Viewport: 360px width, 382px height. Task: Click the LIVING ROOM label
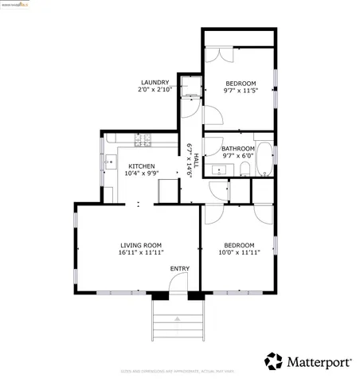pos(141,244)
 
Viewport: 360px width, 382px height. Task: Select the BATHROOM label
pos(238,149)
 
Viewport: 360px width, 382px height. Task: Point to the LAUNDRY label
pos(155,83)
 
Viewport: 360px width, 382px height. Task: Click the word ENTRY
pos(179,268)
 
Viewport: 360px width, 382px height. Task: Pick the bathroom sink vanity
pos(217,169)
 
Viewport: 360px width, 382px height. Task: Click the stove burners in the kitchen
pos(143,140)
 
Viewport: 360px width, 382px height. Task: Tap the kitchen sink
pos(108,165)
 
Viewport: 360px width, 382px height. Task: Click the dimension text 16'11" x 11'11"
pos(141,252)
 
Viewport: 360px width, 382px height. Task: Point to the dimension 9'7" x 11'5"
pos(240,90)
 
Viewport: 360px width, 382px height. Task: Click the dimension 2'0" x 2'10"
pos(155,90)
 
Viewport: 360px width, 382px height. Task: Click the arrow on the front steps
pos(179,318)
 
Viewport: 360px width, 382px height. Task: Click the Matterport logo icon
pos(274,361)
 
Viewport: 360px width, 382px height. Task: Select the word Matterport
pos(319,362)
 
